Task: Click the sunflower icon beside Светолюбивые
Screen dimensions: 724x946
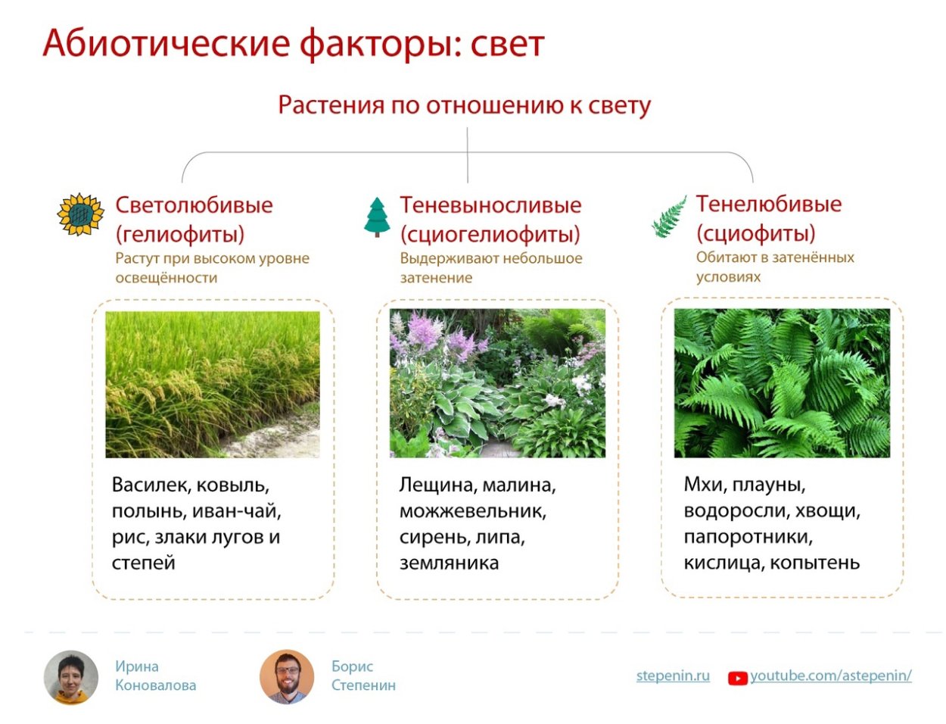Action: point(80,215)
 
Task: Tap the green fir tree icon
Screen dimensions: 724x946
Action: point(377,217)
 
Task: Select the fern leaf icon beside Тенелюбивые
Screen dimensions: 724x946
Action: point(669,218)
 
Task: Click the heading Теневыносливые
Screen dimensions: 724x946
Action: point(490,204)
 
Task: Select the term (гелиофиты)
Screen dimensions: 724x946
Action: point(180,233)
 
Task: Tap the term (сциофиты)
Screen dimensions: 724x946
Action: point(755,232)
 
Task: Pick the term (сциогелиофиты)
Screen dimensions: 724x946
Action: point(490,233)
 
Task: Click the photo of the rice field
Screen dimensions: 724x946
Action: point(213,384)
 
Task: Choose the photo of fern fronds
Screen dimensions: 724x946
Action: point(782,382)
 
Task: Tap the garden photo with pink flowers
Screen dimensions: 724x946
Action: point(497,382)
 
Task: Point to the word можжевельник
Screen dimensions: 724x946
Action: point(472,511)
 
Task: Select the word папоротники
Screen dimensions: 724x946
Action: point(748,537)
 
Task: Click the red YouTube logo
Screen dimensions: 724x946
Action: point(737,678)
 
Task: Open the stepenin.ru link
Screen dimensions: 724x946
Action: point(673,676)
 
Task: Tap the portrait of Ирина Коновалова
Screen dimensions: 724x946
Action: point(71,677)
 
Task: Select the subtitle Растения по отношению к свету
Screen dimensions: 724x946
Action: point(464,105)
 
